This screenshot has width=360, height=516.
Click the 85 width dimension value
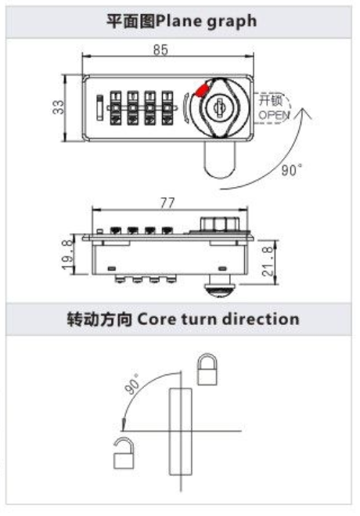[x=160, y=49]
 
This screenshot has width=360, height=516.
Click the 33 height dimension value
[x=58, y=107]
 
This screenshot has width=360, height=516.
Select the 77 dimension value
[x=167, y=203]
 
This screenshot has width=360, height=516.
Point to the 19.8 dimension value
[x=67, y=254]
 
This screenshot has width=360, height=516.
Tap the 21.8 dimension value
[x=268, y=262]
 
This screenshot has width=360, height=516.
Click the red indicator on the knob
[x=202, y=89]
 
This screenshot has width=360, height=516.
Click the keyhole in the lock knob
[x=218, y=106]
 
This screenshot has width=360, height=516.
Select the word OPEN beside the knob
[x=274, y=115]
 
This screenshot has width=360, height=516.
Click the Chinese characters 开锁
[x=270, y=99]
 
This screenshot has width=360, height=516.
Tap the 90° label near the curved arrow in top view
[x=291, y=170]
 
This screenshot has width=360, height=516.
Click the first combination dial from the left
[x=115, y=108]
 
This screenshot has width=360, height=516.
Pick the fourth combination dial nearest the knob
[x=167, y=108]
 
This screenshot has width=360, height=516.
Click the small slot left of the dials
[x=99, y=107]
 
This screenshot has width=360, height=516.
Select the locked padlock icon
[x=207, y=370]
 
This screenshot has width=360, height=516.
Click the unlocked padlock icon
[x=124, y=453]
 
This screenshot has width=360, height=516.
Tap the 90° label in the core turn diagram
[x=132, y=384]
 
